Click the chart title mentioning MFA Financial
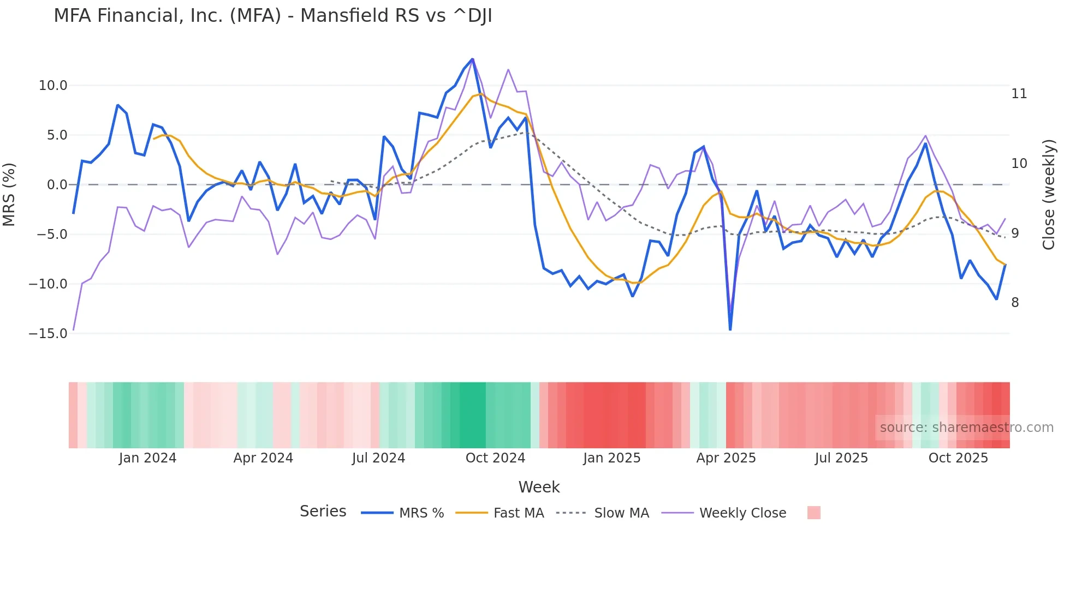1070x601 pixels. click(x=273, y=16)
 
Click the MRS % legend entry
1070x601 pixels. click(x=421, y=513)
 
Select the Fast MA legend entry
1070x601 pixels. click(x=518, y=513)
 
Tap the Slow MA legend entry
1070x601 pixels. click(x=621, y=513)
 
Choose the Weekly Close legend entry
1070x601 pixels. click(x=742, y=513)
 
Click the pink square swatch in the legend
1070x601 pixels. click(x=813, y=513)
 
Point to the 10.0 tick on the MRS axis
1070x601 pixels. click(x=53, y=86)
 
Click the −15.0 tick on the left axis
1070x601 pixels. click(x=48, y=333)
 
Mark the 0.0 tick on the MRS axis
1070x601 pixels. click(x=57, y=185)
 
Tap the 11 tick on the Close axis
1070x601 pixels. click(x=1019, y=94)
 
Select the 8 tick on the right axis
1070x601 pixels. click(x=1015, y=303)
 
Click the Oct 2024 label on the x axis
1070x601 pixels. click(x=495, y=458)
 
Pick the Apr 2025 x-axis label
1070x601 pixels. click(x=726, y=458)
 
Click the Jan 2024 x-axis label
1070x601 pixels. click(x=147, y=458)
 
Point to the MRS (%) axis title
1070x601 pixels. click(x=9, y=195)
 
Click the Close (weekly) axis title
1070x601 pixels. click(x=1049, y=195)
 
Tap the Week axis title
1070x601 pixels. click(x=539, y=487)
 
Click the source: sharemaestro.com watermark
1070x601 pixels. click(x=966, y=428)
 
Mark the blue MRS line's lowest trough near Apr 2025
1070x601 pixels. click(x=730, y=329)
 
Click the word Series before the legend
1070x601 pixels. click(x=323, y=512)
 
